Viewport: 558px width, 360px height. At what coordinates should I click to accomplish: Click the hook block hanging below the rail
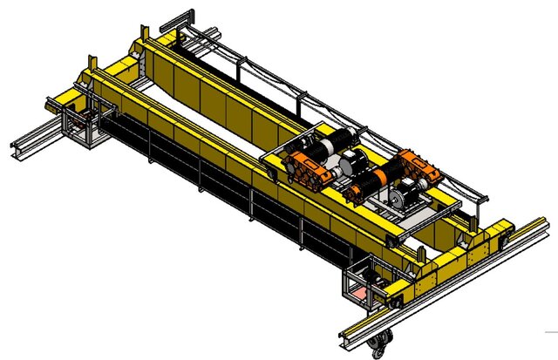coord(378,345)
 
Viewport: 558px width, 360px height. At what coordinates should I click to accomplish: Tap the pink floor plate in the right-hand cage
coord(360,295)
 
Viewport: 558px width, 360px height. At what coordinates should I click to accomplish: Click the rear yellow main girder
coord(218,87)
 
